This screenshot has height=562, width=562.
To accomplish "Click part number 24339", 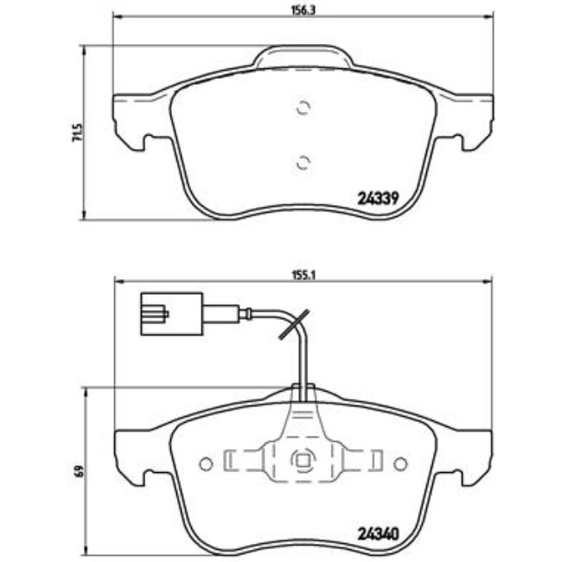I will click(x=377, y=196).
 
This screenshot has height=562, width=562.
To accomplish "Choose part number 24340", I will click(x=377, y=533).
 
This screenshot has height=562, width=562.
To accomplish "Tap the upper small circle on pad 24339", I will click(x=302, y=108).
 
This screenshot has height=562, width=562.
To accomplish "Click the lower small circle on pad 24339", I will click(x=302, y=161).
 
